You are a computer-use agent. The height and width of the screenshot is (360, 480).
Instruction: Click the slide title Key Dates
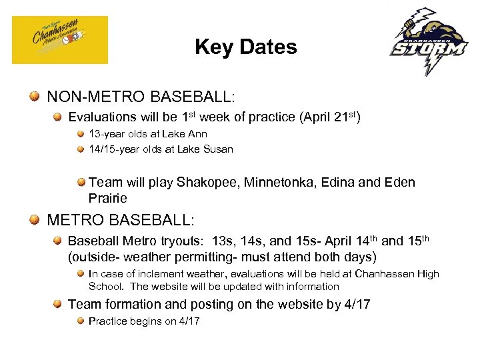coord(245,47)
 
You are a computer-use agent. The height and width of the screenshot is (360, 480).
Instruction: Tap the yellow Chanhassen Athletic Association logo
coord(59,40)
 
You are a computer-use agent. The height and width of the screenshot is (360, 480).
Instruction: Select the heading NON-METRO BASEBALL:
coord(141,97)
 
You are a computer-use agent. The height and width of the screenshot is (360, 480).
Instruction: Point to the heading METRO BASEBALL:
coord(120,220)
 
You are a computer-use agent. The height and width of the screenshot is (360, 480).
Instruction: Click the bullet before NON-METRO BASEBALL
coord(34,97)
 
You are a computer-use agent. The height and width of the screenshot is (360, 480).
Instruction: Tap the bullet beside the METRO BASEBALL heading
coord(34,220)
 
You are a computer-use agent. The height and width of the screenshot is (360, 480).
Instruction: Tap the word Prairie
coord(107,199)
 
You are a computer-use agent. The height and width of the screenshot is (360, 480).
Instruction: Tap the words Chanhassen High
coord(397,274)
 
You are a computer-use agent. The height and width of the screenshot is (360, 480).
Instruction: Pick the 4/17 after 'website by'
coord(355,305)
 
